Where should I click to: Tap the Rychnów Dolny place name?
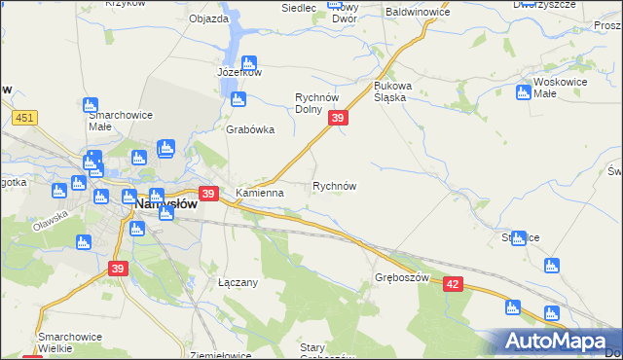click(x=322, y=103)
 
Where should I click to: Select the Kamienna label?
click(x=259, y=193)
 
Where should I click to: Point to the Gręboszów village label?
click(x=401, y=277)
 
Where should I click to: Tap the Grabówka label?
click(x=250, y=129)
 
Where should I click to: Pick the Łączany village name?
click(x=238, y=282)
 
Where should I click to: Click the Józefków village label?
click(x=239, y=72)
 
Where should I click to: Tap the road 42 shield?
click(x=453, y=283)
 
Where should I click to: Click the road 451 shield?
click(x=26, y=118)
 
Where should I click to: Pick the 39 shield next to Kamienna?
click(x=207, y=194)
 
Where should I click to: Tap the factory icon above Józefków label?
click(x=248, y=61)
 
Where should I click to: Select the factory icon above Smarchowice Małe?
click(x=92, y=105)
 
